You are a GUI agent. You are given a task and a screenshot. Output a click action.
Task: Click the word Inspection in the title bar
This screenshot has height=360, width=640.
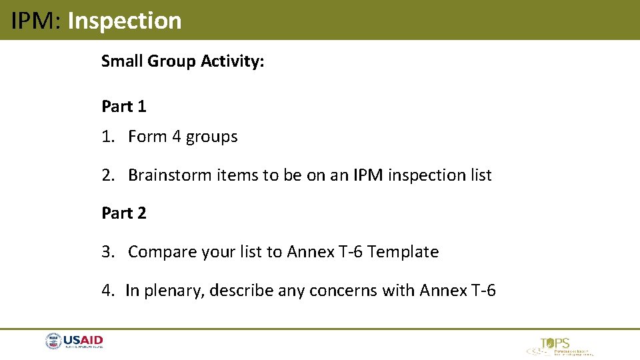pyautogui.click(x=125, y=21)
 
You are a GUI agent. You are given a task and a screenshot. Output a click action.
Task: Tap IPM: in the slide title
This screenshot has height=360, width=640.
pyautogui.click(x=36, y=21)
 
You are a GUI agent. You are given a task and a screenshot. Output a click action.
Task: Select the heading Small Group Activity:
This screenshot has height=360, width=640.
pyautogui.click(x=183, y=61)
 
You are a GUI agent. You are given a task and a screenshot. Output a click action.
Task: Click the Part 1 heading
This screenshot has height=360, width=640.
pyautogui.click(x=124, y=106)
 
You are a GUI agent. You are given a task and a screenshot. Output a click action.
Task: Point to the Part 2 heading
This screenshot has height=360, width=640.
pyautogui.click(x=124, y=213)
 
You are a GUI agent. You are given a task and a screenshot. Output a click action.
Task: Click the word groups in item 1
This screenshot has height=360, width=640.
pyautogui.click(x=211, y=137)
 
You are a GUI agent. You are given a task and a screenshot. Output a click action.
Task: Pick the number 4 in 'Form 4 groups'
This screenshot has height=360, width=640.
pyautogui.click(x=176, y=137)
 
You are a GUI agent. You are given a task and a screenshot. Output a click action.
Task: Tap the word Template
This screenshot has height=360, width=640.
pyautogui.click(x=403, y=252)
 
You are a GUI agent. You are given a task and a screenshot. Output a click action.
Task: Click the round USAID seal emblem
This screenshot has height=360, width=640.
pyautogui.click(x=53, y=341)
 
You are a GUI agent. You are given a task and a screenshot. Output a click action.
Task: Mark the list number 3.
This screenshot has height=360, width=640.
pyautogui.click(x=107, y=252)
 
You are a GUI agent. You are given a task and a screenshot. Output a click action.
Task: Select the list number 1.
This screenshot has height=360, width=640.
pyautogui.click(x=107, y=137)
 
